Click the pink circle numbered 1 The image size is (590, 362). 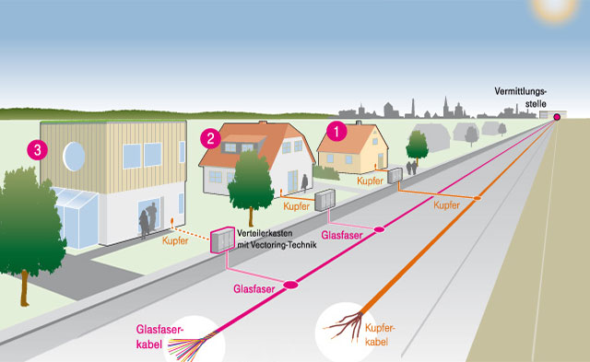[336, 131]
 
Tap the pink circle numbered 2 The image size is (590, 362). [210, 138]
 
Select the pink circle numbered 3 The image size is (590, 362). [37, 150]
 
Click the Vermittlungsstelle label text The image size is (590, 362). [520, 98]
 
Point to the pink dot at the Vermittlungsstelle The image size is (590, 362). [557, 117]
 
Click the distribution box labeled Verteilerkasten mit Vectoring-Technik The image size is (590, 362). [222, 240]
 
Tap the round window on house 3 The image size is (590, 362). [74, 157]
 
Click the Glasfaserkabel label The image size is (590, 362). [159, 337]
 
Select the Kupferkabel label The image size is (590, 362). [380, 334]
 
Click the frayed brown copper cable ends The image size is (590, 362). [343, 326]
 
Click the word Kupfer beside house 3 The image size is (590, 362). [175, 240]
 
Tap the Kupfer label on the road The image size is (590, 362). [446, 205]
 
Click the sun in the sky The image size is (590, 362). [555, 8]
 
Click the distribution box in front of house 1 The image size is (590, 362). [395, 176]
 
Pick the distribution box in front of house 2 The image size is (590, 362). [324, 200]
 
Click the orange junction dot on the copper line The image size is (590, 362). [477, 198]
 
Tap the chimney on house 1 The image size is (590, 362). [359, 123]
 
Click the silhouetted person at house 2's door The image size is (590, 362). [304, 182]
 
